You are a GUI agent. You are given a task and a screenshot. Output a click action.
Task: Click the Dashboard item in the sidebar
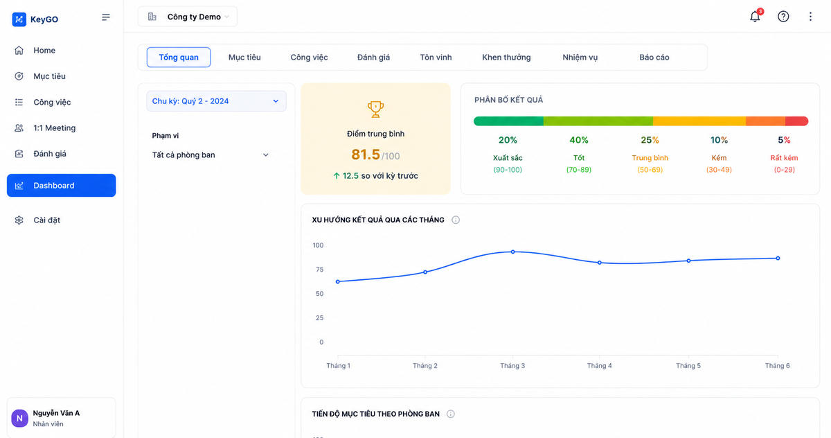pyautogui.click(x=61, y=185)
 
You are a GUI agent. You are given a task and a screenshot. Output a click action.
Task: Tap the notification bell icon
pyautogui.click(x=755, y=17)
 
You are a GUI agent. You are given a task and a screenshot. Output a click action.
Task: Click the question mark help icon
pyautogui.click(x=783, y=17)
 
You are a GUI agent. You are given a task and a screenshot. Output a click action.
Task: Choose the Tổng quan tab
pyautogui.click(x=179, y=57)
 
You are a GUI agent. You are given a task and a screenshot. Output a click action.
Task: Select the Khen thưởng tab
pyautogui.click(x=506, y=57)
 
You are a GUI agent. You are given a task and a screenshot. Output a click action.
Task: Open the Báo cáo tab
pyautogui.click(x=654, y=57)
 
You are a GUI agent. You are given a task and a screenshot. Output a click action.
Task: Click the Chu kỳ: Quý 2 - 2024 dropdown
pyautogui.click(x=216, y=101)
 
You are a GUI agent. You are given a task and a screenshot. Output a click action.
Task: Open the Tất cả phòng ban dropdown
pyautogui.click(x=211, y=155)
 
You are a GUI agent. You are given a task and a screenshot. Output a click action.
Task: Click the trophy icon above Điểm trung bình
pyautogui.click(x=375, y=109)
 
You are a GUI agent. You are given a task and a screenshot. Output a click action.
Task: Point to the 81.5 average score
pyautogui.click(x=366, y=155)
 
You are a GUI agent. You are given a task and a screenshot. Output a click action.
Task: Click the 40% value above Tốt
pyautogui.click(x=579, y=140)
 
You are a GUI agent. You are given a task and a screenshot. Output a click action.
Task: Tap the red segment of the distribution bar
pyautogui.click(x=796, y=121)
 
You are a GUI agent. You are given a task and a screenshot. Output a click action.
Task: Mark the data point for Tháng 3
pyautogui.click(x=512, y=252)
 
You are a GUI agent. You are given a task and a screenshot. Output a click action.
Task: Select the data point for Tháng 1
pyautogui.click(x=338, y=282)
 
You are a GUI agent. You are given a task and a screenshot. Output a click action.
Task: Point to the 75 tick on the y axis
pyautogui.click(x=320, y=270)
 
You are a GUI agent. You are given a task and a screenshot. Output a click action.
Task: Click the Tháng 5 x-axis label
pyautogui.click(x=688, y=366)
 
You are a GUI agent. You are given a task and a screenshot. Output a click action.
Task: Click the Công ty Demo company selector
pyautogui.click(x=188, y=17)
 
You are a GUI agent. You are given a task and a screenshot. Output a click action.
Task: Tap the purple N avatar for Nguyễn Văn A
pyautogui.click(x=19, y=419)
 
